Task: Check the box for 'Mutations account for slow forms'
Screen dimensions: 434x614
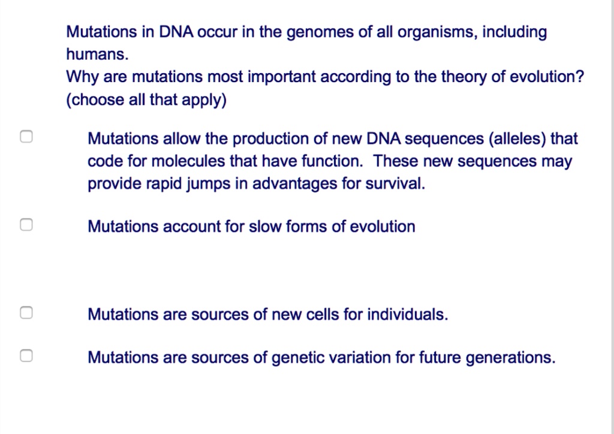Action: (x=25, y=225)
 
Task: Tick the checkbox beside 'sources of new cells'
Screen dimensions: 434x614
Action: (x=25, y=313)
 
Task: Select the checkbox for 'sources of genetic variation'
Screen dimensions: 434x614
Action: (x=25, y=356)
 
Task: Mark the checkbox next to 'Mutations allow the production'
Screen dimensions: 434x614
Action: (x=25, y=137)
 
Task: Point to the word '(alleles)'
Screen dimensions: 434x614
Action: (x=517, y=139)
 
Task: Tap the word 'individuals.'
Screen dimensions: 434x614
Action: (x=407, y=314)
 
